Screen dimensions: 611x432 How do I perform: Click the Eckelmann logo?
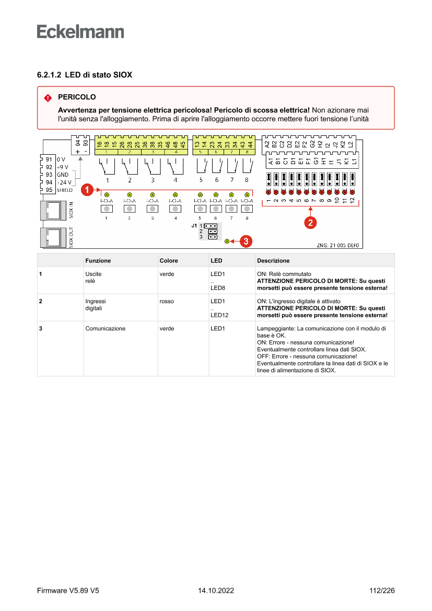[x=80, y=31]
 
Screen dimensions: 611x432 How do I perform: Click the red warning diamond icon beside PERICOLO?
[x=48, y=98]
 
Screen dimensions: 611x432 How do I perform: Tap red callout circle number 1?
[x=88, y=188]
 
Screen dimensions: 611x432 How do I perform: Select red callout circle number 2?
[x=310, y=222]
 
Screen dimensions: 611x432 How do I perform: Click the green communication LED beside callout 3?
[x=227, y=241]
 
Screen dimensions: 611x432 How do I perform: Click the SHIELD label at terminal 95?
[x=65, y=190]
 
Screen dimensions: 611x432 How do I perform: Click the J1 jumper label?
[x=194, y=225]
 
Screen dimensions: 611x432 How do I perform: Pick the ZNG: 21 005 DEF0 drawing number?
[x=337, y=245]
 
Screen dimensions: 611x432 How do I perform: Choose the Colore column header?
[x=169, y=260]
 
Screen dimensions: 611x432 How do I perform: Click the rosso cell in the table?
[x=167, y=302]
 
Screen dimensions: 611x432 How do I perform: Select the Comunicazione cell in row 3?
[x=105, y=329]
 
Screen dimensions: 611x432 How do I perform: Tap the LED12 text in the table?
[x=219, y=315]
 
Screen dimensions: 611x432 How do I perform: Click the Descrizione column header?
[x=273, y=260]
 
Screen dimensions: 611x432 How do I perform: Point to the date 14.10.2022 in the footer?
[x=216, y=591]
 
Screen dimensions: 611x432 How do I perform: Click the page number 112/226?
[x=381, y=591]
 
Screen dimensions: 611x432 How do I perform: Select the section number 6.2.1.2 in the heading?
[x=49, y=75]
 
